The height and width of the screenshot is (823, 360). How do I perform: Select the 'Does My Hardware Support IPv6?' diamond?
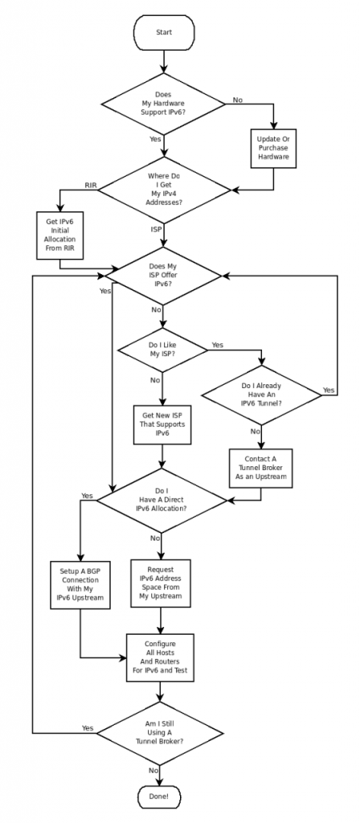click(x=163, y=104)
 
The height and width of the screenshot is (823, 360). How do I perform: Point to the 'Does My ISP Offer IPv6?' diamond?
click(x=163, y=276)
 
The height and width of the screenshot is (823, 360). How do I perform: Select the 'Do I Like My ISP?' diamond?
click(x=163, y=350)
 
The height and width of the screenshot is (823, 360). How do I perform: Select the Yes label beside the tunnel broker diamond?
click(x=88, y=727)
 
